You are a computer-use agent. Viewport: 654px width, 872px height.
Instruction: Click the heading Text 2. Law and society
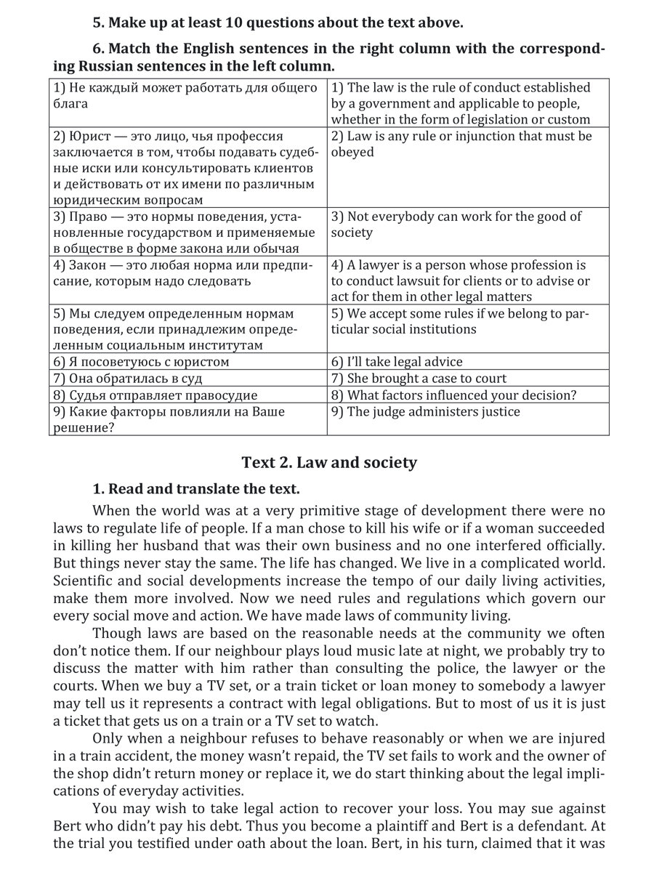coord(329,462)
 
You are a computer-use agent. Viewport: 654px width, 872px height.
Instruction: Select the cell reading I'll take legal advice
coord(397,361)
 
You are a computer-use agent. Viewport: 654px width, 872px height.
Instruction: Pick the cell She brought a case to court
coord(419,378)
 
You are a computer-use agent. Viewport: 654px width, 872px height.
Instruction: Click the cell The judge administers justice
coord(426,412)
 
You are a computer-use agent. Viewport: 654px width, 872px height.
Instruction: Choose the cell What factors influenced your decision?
coord(454,395)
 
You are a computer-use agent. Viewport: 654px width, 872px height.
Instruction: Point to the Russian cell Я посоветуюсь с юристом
coord(141,361)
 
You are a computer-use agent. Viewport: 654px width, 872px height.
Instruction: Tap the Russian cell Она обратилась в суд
coord(127,378)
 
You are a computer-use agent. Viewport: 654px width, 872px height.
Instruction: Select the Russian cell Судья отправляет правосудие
coord(155,395)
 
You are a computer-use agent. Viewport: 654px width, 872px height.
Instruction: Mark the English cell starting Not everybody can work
coord(456,225)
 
